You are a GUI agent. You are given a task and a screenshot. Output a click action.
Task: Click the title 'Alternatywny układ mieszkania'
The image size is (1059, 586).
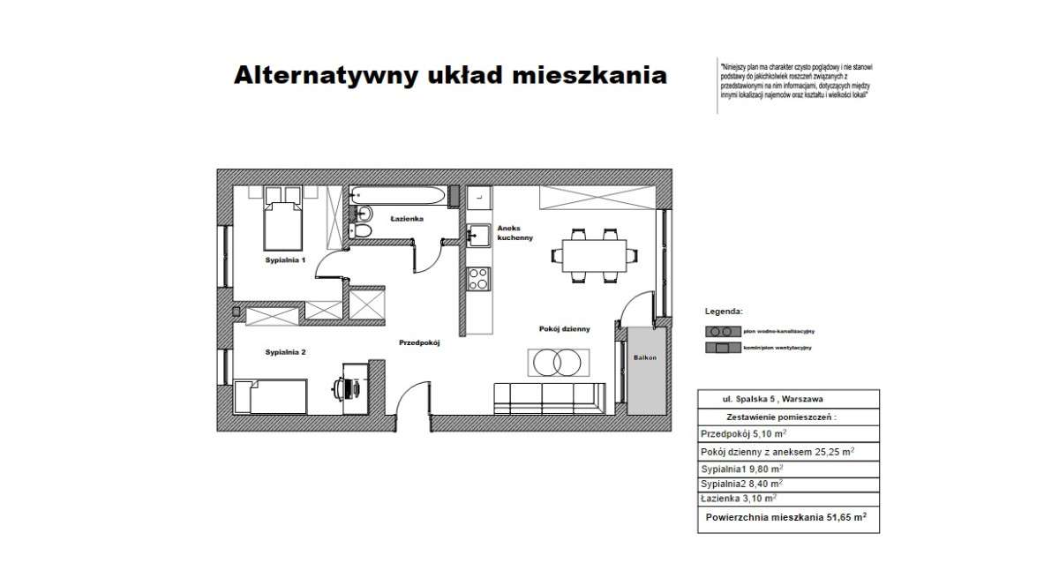point(449,75)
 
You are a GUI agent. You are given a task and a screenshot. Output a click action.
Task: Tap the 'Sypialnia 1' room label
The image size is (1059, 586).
point(285,261)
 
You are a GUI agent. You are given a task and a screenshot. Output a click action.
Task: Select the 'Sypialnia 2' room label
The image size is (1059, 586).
point(285,352)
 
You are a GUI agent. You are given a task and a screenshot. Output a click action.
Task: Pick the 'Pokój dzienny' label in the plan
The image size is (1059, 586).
point(564,328)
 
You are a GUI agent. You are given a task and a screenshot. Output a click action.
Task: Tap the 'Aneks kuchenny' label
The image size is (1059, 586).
point(514,232)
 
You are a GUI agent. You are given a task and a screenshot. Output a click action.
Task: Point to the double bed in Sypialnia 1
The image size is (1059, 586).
point(282,223)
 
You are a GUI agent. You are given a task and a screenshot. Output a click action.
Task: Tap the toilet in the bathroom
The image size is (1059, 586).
point(362,231)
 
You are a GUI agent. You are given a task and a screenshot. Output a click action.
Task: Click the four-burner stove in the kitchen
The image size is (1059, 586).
point(478,279)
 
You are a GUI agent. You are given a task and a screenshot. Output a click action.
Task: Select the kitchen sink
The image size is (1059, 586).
point(478,236)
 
